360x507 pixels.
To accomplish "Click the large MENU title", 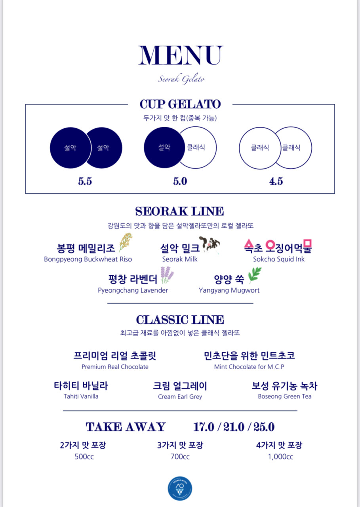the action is [180, 55].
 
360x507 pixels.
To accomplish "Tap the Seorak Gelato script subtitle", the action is [181, 79].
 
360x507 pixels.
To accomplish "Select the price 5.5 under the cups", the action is [85, 181].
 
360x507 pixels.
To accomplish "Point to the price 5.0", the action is [180, 181].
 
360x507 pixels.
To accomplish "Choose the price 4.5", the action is [276, 181].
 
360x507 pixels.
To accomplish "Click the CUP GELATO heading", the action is [180, 104].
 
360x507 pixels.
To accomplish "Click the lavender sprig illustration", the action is [167, 275].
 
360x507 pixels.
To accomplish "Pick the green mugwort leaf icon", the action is [255, 275].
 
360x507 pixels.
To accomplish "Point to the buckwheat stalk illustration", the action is [125, 242].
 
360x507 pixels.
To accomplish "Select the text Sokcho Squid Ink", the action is [279, 259].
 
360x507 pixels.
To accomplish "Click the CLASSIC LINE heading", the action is [180, 320].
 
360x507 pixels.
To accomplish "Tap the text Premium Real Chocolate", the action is [115, 367].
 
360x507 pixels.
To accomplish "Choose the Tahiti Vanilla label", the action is [81, 396].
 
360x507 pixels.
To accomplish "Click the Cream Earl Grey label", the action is [180, 396].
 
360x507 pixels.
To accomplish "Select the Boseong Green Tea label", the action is [284, 396].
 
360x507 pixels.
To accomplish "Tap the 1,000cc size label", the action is [280, 457].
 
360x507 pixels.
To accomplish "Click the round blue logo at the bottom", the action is [180, 488].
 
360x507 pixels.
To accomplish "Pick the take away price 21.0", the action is [234, 427].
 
